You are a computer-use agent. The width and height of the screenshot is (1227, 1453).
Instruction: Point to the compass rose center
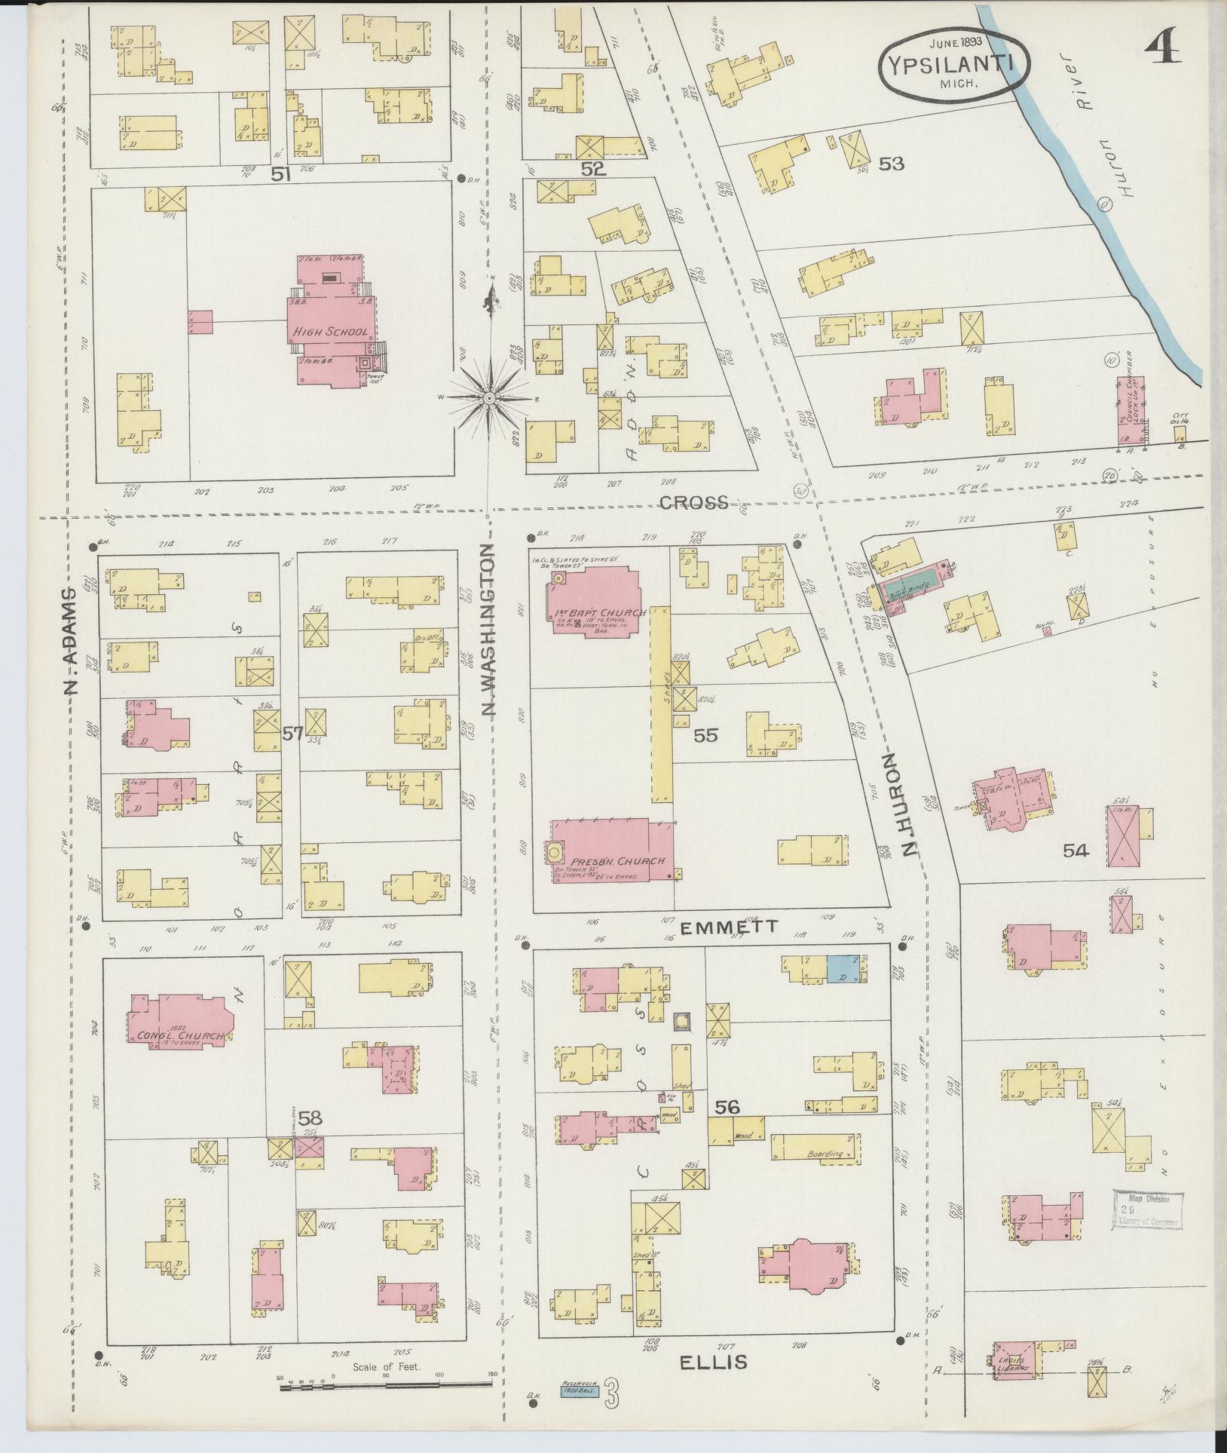(489, 397)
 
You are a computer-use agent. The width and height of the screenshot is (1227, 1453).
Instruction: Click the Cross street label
(693, 503)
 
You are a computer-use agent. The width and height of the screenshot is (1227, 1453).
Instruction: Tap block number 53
(891, 163)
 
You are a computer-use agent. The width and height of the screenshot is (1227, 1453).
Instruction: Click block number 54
(1076, 851)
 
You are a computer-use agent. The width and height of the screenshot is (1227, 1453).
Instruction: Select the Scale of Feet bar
(385, 1384)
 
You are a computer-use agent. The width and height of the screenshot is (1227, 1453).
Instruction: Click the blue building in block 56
(842, 968)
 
